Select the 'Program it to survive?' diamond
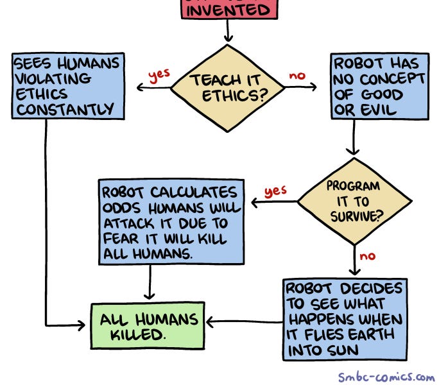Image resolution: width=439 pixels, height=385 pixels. [x=355, y=201]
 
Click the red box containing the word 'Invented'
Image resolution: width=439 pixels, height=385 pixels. [x=228, y=10]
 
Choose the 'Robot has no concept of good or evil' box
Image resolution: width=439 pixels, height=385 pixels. [x=379, y=87]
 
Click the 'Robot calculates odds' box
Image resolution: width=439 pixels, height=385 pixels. [x=171, y=221]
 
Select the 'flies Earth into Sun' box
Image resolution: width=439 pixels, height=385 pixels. [x=345, y=319]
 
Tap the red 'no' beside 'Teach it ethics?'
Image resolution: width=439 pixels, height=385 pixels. [x=297, y=75]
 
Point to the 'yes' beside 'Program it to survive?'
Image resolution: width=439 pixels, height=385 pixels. [x=275, y=191]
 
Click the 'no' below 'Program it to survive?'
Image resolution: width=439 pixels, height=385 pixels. [x=367, y=256]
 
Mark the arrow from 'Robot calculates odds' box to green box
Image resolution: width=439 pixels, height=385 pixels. [x=150, y=282]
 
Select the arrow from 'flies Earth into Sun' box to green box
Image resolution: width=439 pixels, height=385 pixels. [x=244, y=320]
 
